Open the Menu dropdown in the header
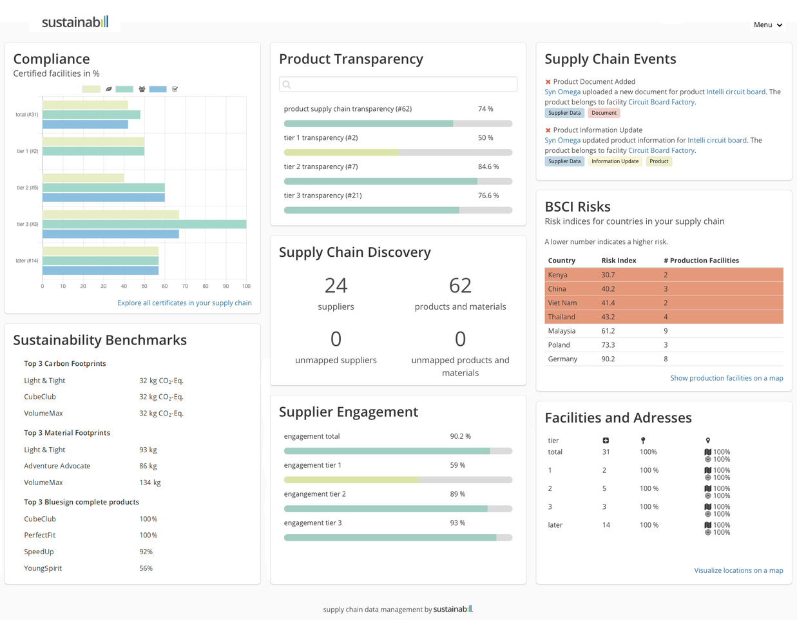pyautogui.click(x=767, y=25)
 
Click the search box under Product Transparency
pyautogui.click(x=398, y=84)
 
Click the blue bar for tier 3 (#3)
pyautogui.click(x=111, y=234)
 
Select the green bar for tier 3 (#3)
pyautogui.click(x=144, y=224)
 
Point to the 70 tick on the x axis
pyautogui.click(x=185, y=286)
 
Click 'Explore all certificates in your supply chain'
pyautogui.click(x=184, y=303)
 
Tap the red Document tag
pyautogui.click(x=604, y=113)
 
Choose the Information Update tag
pyautogui.click(x=615, y=161)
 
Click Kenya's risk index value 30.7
pyautogui.click(x=608, y=275)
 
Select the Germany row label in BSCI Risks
pyautogui.click(x=562, y=359)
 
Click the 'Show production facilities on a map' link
pyautogui.click(x=727, y=378)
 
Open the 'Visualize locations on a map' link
pyautogui.click(x=738, y=570)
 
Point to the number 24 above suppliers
pyautogui.click(x=336, y=286)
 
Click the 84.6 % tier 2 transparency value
pyautogui.click(x=488, y=166)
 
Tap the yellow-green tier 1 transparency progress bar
pyautogui.click(x=341, y=152)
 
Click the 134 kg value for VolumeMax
pyautogui.click(x=150, y=483)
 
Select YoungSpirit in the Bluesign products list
pyautogui.click(x=43, y=568)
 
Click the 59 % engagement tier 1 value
pyautogui.click(x=457, y=465)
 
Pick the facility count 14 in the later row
pyautogui.click(x=606, y=525)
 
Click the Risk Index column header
pyautogui.click(x=619, y=260)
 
